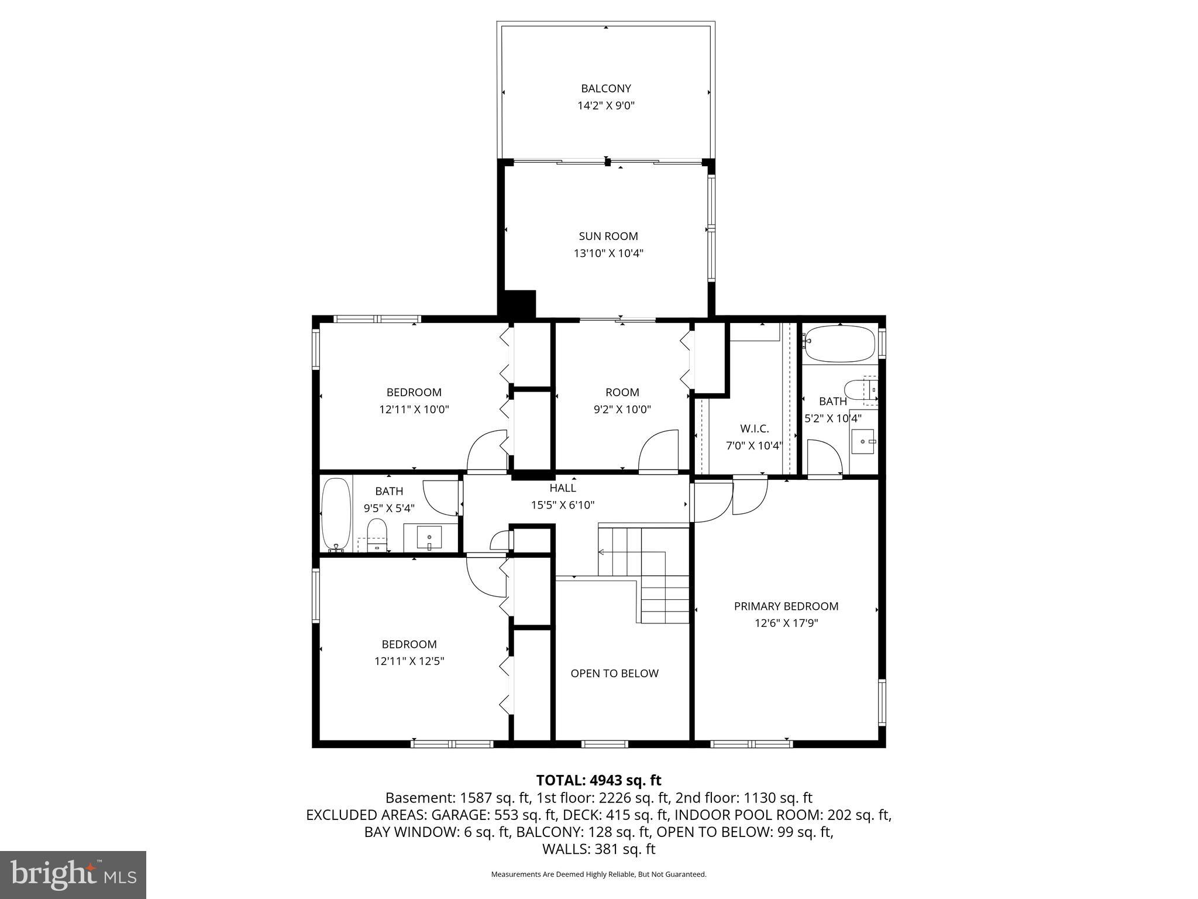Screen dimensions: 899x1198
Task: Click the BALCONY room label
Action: coord(605,88)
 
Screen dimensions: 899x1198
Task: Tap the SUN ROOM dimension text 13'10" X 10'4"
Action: coord(608,253)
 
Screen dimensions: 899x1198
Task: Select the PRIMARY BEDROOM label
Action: coord(786,606)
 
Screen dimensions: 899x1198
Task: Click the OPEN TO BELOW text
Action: coord(614,674)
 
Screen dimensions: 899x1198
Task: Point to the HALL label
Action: coord(562,488)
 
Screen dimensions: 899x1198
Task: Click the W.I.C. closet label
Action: coord(754,428)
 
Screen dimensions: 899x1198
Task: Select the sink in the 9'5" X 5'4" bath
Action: coord(429,537)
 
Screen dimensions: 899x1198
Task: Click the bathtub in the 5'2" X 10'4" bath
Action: coord(840,344)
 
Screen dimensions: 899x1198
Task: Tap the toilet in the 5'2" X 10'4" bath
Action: coord(860,390)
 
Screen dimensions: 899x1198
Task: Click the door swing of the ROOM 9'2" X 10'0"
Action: coord(657,451)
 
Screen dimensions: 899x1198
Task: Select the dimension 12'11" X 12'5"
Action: coord(409,661)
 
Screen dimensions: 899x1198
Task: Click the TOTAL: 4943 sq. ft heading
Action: coord(598,780)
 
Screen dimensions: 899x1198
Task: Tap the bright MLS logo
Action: coord(73,874)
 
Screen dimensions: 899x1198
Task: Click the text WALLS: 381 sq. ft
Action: coord(598,849)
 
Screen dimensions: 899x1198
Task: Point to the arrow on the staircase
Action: coord(601,551)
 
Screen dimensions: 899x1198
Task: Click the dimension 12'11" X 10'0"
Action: coord(414,410)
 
